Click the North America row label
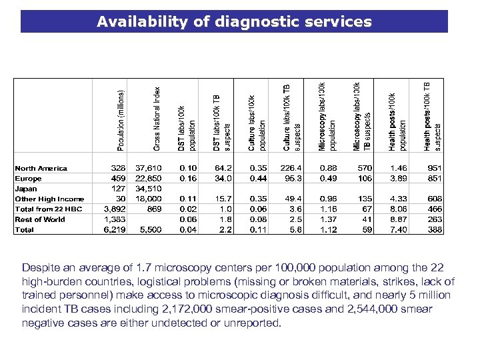click(41, 169)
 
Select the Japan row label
click(26, 189)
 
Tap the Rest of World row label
click(40, 219)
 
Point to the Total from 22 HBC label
click(49, 209)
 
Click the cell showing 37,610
click(148, 169)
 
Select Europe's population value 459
click(117, 179)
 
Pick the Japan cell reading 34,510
click(148, 189)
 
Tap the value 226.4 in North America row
click(292, 169)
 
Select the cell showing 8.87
click(399, 219)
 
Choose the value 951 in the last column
click(435, 169)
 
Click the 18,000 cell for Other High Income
click(148, 199)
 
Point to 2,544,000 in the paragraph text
click(371, 309)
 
